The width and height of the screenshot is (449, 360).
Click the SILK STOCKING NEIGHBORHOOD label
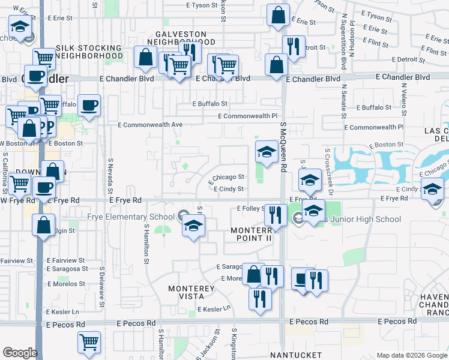(89, 52)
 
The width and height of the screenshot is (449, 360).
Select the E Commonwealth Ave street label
(150, 125)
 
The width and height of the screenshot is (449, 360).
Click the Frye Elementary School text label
(131, 217)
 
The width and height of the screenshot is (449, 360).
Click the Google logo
(19, 353)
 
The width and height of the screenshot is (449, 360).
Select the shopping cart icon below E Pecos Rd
(89, 342)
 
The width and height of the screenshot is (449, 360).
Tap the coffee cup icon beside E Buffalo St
(89, 106)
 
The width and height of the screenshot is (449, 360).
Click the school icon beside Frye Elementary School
(193, 226)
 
